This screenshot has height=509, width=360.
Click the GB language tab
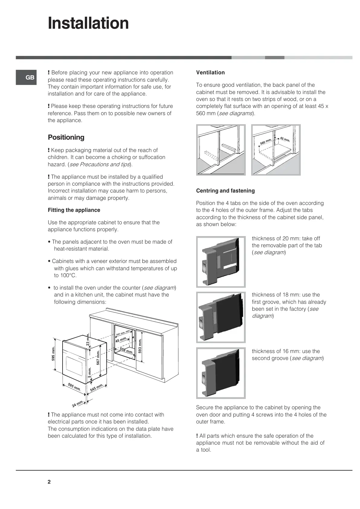click(x=26, y=78)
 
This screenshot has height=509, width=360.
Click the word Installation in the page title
click(x=88, y=23)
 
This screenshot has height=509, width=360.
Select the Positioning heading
click(x=66, y=138)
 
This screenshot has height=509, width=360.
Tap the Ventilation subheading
click(x=210, y=73)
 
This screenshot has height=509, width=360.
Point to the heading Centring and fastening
click(x=225, y=191)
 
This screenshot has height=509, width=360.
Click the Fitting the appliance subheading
click(x=74, y=210)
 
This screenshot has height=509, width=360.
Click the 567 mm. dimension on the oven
click(x=98, y=358)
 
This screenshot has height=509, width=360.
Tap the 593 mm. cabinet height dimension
click(x=140, y=346)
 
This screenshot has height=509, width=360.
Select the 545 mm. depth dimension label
click(x=97, y=387)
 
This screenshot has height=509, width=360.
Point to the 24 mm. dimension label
click(x=78, y=404)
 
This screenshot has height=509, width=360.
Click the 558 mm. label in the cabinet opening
click(x=126, y=351)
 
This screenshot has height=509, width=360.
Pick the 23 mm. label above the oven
click(x=88, y=339)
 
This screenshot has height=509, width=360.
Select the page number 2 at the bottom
click(x=49, y=482)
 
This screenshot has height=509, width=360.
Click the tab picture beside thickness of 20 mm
click(x=221, y=261)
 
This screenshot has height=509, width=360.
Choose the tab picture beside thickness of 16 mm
click(x=221, y=373)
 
